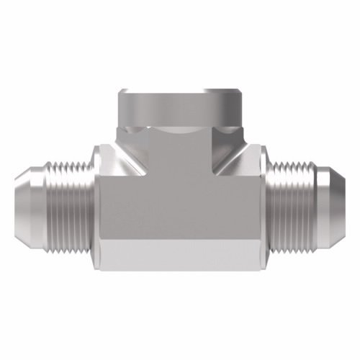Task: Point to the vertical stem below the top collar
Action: tap(180, 155)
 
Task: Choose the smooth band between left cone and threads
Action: tap(41, 189)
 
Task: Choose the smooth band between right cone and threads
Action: tap(319, 189)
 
